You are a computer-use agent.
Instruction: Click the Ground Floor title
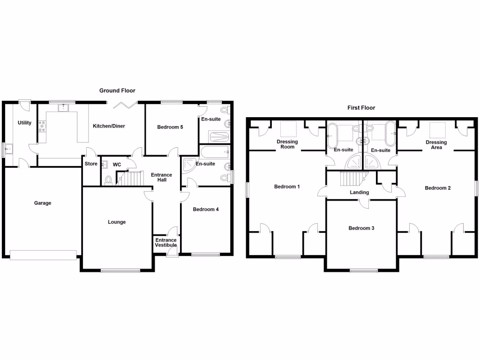coord(117,90)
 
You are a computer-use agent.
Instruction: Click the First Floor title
coord(361,108)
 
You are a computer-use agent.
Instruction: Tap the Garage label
coord(43,203)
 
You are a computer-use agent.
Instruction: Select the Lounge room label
coord(117,222)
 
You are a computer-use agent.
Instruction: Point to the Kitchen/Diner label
coord(109,126)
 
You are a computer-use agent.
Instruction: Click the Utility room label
coord(24,123)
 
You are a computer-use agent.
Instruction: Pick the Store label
coord(90,164)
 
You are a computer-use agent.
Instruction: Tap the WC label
coord(117,165)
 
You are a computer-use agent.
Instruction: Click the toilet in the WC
coord(109,180)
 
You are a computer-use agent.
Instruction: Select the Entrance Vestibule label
coord(166,242)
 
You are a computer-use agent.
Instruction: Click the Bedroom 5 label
coord(170,127)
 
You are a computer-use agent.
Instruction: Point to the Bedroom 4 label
coord(206,210)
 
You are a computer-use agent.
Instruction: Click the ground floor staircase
coord(130,179)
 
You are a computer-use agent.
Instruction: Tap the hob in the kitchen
coord(42,126)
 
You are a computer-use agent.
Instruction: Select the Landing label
coord(360,192)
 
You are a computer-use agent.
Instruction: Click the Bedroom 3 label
coord(361,228)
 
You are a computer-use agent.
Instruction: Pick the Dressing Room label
coord(287,144)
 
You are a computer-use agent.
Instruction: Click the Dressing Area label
coord(436,144)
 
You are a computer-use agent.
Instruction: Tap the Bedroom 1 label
coord(287,187)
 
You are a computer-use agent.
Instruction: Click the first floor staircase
coord(353,179)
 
